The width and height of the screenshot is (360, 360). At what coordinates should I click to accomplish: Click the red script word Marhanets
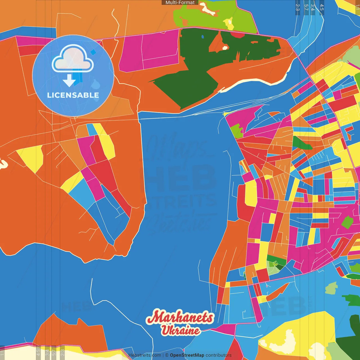click(180, 317)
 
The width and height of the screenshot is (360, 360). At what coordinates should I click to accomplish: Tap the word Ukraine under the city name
click(180, 330)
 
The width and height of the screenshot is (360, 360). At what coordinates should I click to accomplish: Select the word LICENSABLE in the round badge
click(73, 95)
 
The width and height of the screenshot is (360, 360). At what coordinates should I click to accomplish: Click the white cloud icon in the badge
click(73, 58)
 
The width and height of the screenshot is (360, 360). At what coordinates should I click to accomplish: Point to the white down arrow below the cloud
click(69, 81)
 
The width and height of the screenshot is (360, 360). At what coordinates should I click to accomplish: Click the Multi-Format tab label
click(180, 3)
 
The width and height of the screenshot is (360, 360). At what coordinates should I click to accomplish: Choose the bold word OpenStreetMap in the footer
click(187, 355)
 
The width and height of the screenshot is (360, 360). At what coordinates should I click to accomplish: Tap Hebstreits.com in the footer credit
click(145, 355)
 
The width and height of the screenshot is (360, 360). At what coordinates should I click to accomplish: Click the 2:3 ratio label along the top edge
click(298, 7)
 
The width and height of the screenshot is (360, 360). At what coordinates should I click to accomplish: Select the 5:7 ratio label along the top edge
click(306, 7)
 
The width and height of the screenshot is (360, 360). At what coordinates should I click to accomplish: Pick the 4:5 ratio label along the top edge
click(322, 7)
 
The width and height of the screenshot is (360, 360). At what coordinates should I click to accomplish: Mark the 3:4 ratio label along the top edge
click(313, 7)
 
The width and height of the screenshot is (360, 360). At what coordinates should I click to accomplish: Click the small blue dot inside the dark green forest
click(202, 37)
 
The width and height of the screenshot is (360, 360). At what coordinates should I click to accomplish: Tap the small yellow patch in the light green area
click(229, 23)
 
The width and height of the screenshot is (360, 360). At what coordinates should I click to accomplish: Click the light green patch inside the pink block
click(236, 131)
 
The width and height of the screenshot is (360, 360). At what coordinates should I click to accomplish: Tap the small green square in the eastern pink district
click(347, 222)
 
